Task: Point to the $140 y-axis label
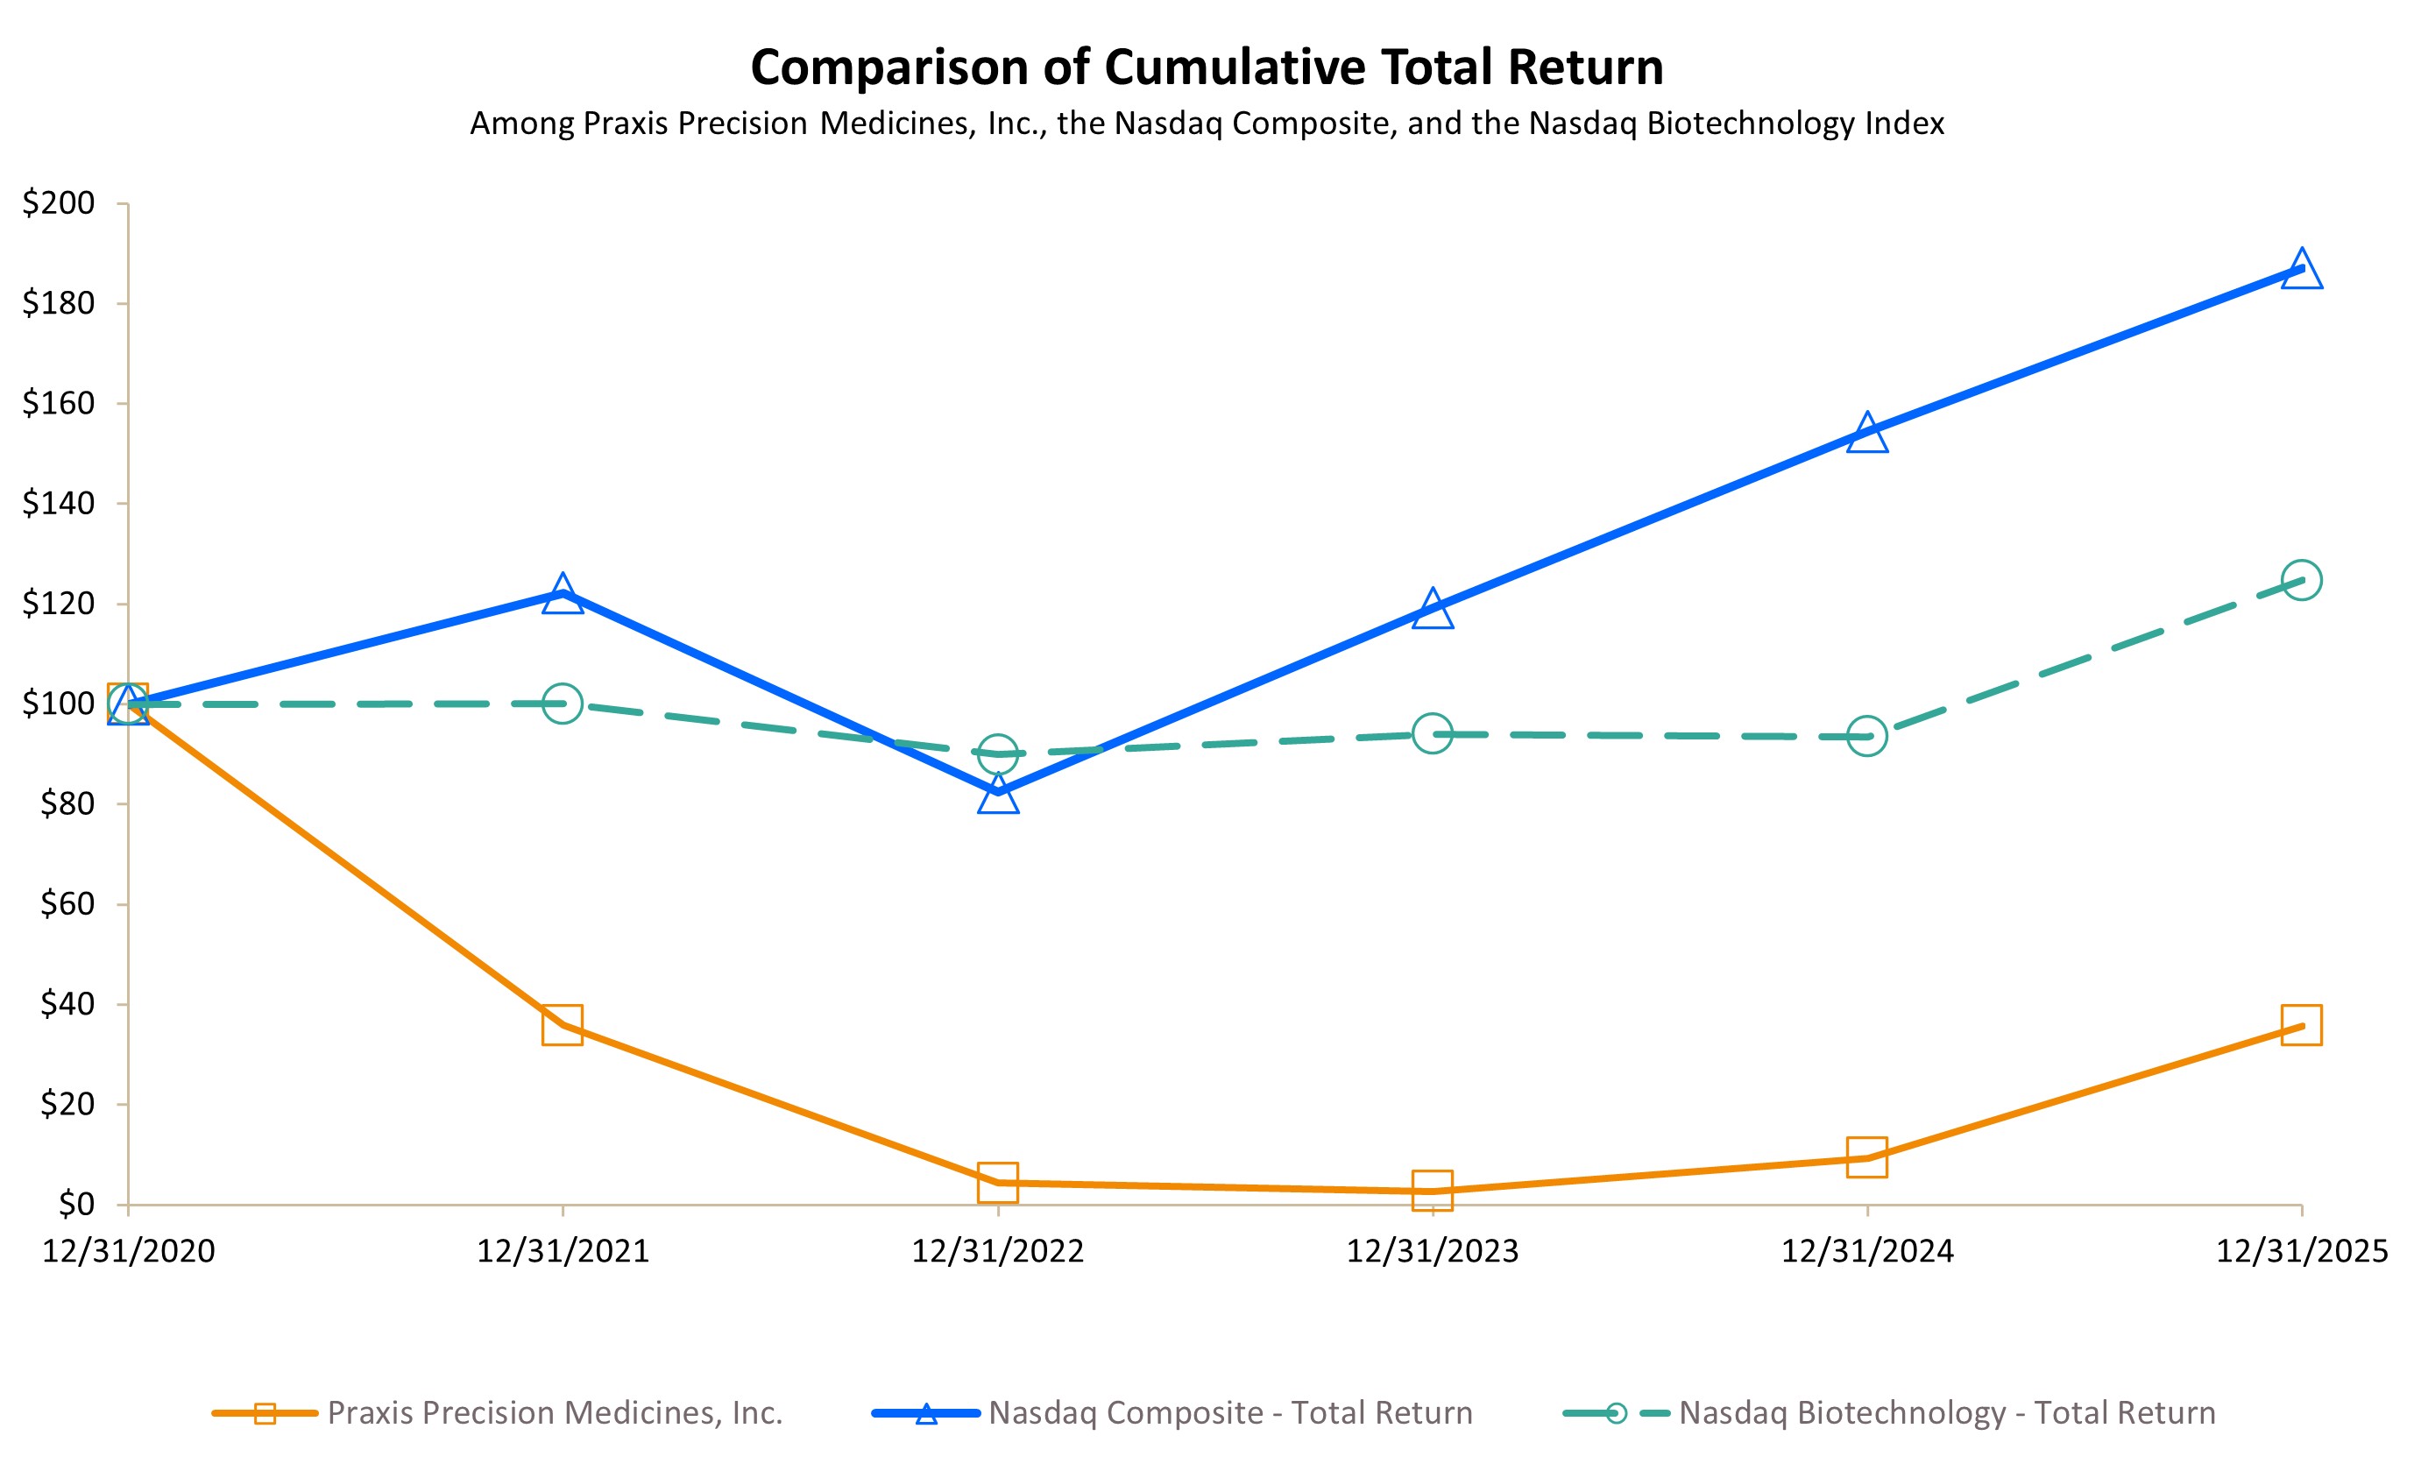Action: click(x=59, y=504)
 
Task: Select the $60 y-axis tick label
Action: click(x=67, y=904)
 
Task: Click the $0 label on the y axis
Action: click(x=76, y=1204)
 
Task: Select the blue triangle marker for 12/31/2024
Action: click(x=1867, y=434)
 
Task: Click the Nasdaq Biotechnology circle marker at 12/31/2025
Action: click(x=2301, y=580)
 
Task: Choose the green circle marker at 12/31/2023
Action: click(x=1433, y=733)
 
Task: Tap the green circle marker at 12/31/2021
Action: click(x=563, y=704)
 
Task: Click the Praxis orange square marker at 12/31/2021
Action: click(x=563, y=1024)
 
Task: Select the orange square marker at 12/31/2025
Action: click(x=2301, y=1025)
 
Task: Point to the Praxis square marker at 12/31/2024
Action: click(x=1867, y=1156)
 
